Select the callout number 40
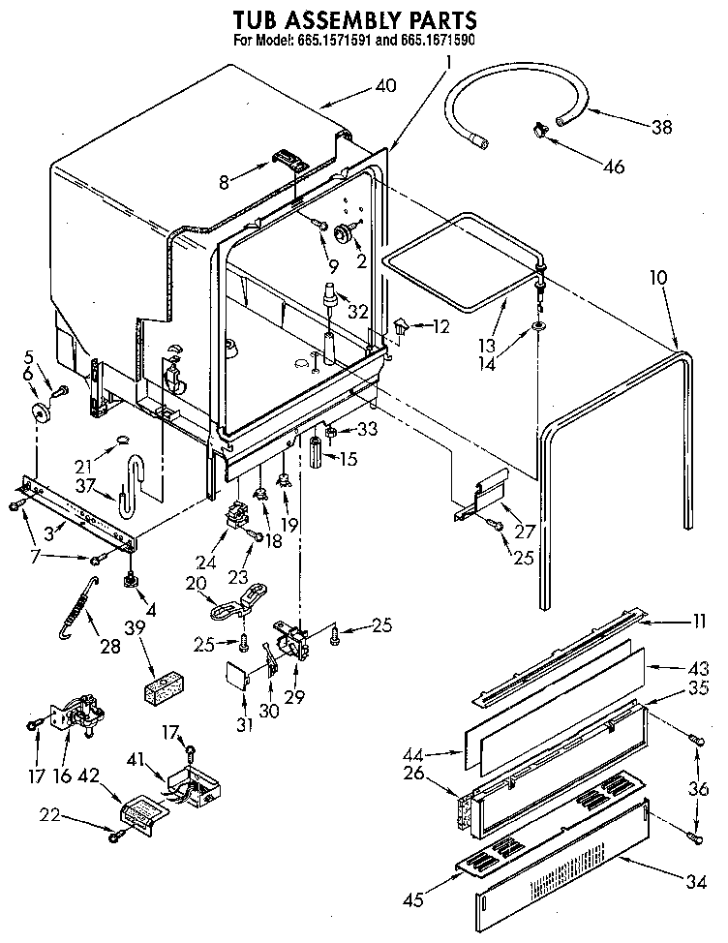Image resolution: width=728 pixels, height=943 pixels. (384, 85)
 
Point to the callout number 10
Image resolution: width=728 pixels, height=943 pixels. (658, 278)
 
